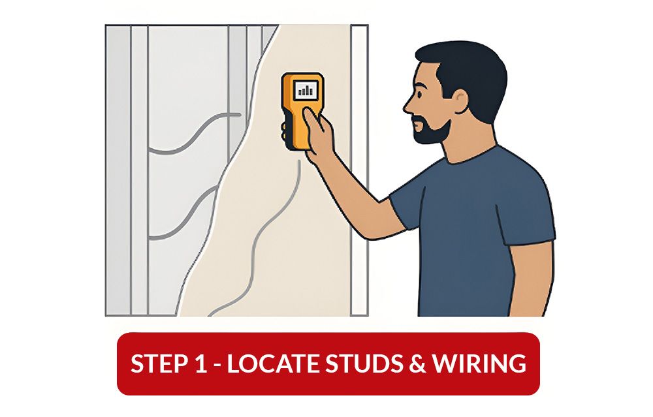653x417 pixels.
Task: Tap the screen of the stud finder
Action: pos(305,89)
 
